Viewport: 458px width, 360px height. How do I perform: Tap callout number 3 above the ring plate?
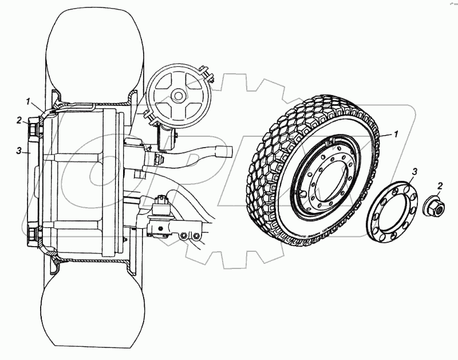(416, 171)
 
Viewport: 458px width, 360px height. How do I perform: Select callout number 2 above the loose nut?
(439, 185)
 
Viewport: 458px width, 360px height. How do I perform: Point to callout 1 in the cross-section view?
(27, 101)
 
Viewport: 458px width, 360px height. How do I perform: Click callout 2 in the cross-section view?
(19, 120)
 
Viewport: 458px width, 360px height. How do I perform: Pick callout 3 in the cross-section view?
(19, 151)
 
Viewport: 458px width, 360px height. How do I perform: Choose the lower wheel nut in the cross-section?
(33, 234)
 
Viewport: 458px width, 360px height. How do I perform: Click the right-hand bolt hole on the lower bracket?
(196, 237)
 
